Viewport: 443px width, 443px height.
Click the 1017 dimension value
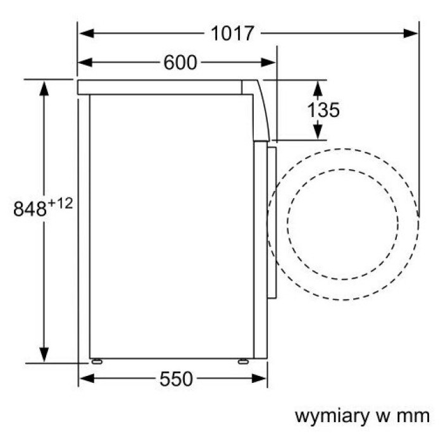click(232, 34)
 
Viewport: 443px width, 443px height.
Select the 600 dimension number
click(180, 63)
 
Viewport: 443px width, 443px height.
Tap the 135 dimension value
click(323, 110)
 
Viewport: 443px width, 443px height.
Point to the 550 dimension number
click(176, 379)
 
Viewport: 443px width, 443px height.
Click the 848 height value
click(30, 209)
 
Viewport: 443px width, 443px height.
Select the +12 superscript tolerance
click(60, 203)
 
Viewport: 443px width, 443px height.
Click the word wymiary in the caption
click(332, 416)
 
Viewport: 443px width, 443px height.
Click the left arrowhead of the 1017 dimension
click(87, 34)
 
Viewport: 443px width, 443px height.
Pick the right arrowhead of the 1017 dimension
click(411, 34)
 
